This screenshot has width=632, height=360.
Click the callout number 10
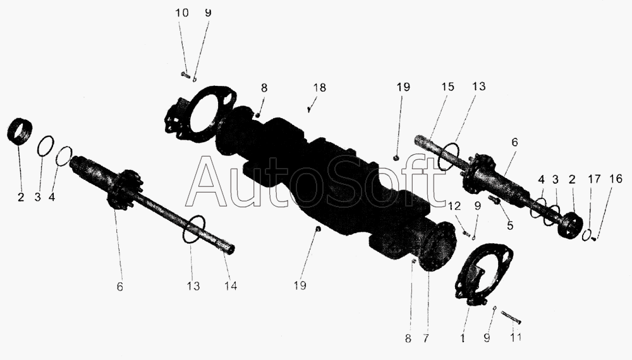coord(181,12)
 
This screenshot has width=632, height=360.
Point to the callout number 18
coord(320,88)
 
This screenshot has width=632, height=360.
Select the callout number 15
coord(448,87)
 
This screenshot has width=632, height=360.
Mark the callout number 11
coord(516,338)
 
